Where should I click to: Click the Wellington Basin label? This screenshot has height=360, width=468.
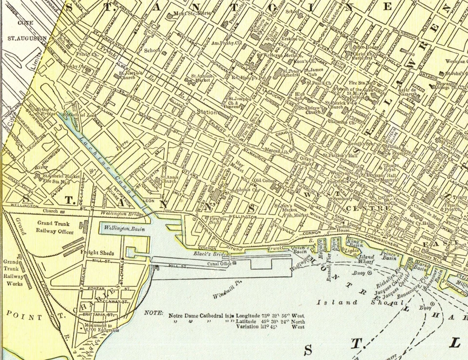124,228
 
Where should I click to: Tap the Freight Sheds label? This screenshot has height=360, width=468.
97,253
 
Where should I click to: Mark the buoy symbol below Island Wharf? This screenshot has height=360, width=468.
370,273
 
